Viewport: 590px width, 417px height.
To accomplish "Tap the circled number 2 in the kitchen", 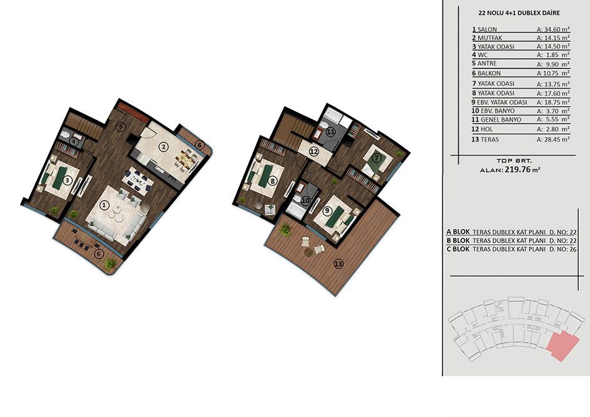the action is pyautogui.click(x=163, y=147).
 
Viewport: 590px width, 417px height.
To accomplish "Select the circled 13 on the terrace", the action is pyautogui.click(x=338, y=264).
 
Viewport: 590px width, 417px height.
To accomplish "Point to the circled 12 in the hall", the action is pyautogui.click(x=314, y=152).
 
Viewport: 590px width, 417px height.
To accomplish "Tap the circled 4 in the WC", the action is pyautogui.click(x=74, y=142).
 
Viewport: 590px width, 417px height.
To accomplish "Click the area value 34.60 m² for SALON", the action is pyautogui.click(x=553, y=29).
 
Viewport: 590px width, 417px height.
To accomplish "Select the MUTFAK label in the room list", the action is pyautogui.click(x=489, y=38).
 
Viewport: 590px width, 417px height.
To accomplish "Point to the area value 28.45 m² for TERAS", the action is pyautogui.click(x=553, y=139).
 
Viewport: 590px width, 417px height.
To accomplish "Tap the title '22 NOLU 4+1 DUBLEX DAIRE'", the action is pyautogui.click(x=519, y=12).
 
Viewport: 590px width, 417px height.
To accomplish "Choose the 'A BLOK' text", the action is pyautogui.click(x=458, y=232).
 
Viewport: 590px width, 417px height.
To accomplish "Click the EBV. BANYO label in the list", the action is pyautogui.click(x=496, y=111).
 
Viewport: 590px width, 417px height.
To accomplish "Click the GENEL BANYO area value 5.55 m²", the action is pyautogui.click(x=553, y=119).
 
